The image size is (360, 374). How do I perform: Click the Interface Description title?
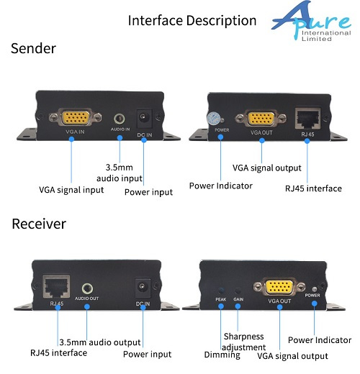(x=192, y=21)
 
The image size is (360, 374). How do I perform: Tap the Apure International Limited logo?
(x=312, y=21)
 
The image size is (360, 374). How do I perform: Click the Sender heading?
(x=33, y=48)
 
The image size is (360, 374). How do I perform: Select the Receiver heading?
(x=39, y=224)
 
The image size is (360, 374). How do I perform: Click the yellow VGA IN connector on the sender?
(x=76, y=117)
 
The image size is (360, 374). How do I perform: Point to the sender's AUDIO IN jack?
(x=120, y=119)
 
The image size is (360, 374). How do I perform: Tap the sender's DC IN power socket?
(x=144, y=119)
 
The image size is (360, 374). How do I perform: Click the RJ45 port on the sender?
(x=307, y=119)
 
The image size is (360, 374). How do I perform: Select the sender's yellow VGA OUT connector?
(x=261, y=118)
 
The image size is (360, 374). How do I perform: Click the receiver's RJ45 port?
(x=56, y=286)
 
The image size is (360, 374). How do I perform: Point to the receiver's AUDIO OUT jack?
(x=87, y=288)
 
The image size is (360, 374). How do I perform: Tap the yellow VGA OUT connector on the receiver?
(x=279, y=286)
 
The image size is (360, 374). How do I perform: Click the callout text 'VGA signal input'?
(x=71, y=190)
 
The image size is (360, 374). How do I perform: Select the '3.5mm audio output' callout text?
(x=100, y=342)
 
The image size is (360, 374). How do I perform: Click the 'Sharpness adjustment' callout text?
(x=243, y=342)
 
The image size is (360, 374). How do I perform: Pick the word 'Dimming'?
(x=222, y=355)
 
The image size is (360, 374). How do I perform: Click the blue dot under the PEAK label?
(x=221, y=306)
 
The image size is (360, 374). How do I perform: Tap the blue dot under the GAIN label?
(x=238, y=306)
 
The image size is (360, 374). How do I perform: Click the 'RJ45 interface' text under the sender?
(x=313, y=188)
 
